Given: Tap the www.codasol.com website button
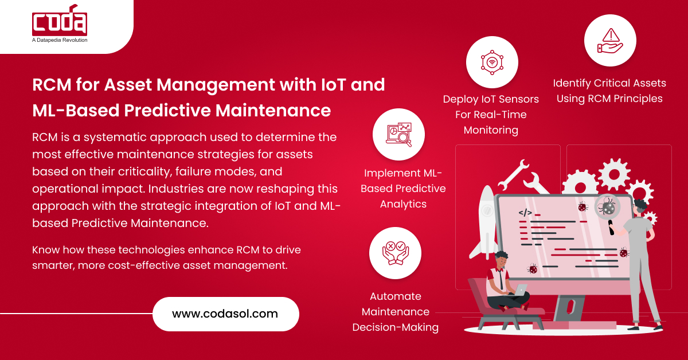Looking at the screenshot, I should coord(225,314).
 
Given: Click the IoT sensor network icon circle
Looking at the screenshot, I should coord(491,61).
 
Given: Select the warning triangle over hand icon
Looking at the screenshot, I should coord(610,40).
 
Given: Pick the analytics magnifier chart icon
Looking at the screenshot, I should coord(398,134).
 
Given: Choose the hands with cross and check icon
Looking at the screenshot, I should coord(395,253).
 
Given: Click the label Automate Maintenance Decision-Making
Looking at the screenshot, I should coord(395,312).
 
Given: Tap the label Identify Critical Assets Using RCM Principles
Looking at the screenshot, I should coord(609,91).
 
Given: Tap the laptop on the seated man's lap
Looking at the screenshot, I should coord(519,290).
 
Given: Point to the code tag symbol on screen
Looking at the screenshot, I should coord(525,213).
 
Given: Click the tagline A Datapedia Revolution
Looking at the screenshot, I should coord(60,40).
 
